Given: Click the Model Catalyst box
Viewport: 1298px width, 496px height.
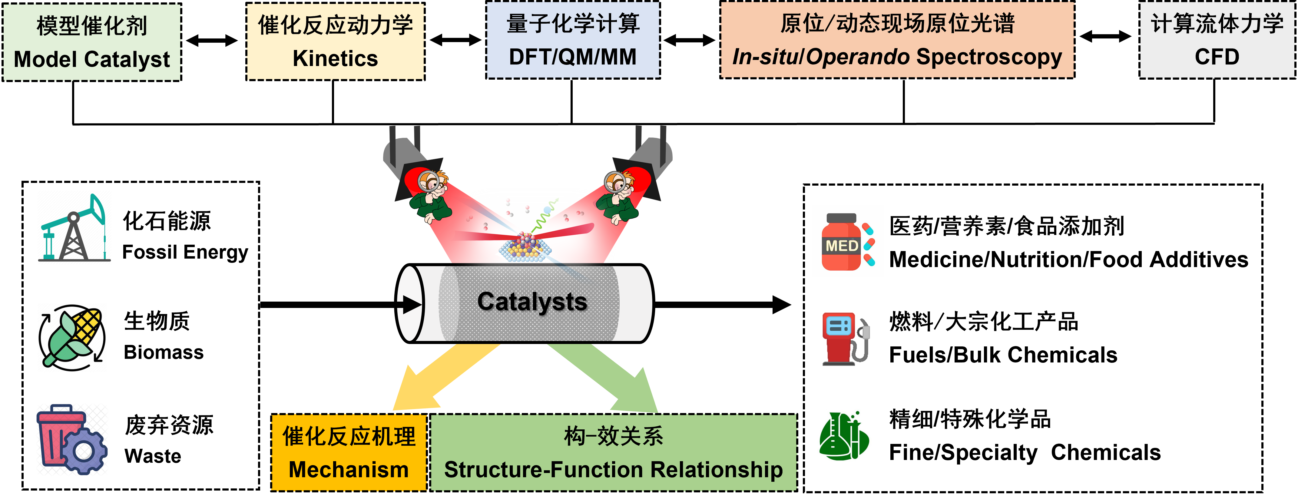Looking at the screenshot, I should [92, 42].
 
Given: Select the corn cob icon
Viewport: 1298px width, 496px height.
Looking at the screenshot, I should [72, 338].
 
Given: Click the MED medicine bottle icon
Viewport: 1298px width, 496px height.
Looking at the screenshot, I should [847, 241].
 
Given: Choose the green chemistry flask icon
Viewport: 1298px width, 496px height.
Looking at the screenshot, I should [844, 435].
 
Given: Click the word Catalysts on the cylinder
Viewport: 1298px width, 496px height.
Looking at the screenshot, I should [532, 302].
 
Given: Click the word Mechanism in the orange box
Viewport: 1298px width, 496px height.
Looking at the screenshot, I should [349, 470].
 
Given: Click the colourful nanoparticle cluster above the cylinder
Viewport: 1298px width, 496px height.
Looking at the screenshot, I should [524, 247].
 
